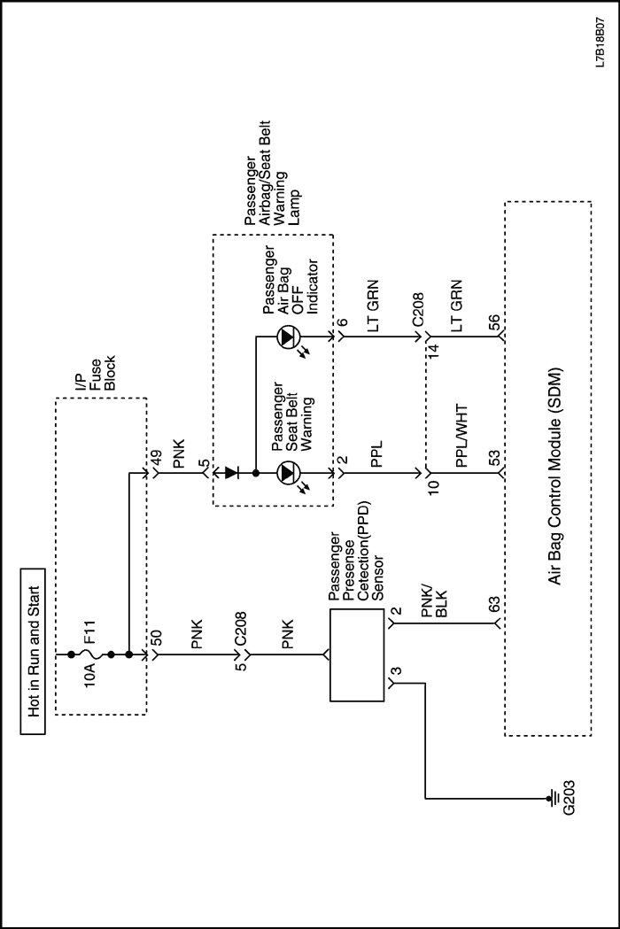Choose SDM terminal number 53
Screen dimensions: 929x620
click(x=494, y=461)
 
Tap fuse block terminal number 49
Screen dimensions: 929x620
click(x=157, y=459)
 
